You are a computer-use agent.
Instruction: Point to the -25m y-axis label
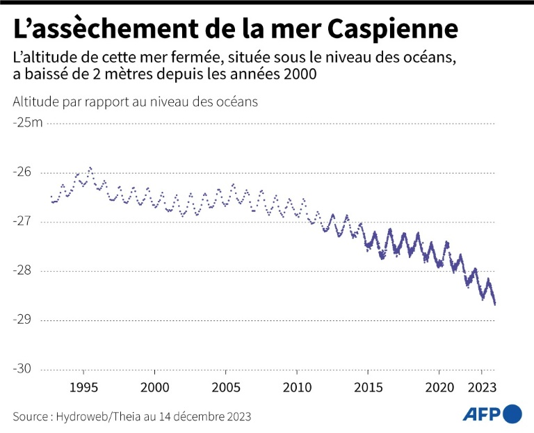(27, 123)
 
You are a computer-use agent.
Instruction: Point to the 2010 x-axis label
(298, 386)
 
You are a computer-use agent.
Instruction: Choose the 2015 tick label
(369, 386)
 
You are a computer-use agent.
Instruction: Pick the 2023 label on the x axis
(481, 386)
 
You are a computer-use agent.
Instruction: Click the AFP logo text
(481, 414)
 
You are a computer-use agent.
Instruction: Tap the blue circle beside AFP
(513, 414)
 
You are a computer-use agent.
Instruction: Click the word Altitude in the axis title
(35, 101)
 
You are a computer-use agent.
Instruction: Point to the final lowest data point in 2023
(494, 304)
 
